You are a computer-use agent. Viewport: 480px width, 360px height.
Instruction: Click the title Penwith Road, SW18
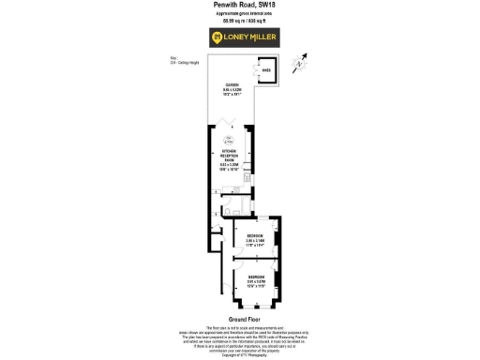tap(239, 5)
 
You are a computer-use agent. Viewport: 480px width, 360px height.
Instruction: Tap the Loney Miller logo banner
tap(239, 37)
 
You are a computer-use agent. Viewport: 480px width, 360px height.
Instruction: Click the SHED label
tap(265, 70)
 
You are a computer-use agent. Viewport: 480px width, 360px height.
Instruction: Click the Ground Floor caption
tap(239, 319)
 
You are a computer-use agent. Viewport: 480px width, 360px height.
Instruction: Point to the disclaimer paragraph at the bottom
tap(239, 338)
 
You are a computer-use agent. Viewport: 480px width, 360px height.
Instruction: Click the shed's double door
tap(254, 74)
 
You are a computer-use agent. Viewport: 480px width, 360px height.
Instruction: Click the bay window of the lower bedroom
tap(253, 307)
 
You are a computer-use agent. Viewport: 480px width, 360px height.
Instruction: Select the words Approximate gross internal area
tap(239, 14)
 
